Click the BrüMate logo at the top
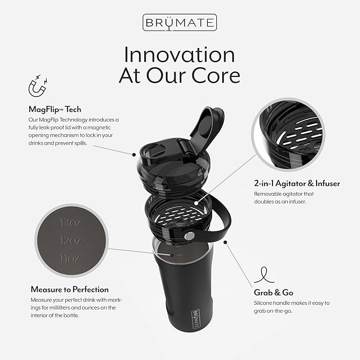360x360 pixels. pos(179,23)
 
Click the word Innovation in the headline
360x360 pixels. pos(179,55)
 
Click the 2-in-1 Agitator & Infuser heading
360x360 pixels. pos(297,183)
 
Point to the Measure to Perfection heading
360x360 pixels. pos(69,289)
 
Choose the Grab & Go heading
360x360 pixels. pos(273,292)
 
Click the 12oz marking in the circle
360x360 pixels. pos(69,240)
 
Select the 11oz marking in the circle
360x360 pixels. pos(69,258)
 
